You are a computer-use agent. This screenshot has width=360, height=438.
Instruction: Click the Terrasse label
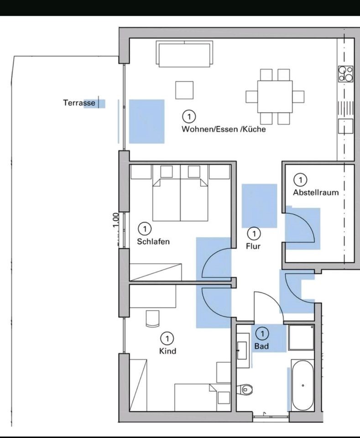point(79,103)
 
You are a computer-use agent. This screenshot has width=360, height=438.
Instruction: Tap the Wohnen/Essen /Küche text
point(224,129)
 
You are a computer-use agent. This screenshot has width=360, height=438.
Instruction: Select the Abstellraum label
point(316,193)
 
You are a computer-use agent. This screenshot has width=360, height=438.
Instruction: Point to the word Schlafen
point(153,241)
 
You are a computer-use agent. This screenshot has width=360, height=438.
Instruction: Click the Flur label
point(253,246)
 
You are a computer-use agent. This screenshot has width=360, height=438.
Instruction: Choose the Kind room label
point(167,351)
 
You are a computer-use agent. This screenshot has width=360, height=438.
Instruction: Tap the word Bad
point(262,346)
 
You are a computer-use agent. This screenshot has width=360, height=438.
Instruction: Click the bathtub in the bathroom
point(303,385)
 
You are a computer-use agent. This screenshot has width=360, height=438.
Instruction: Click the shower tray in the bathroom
point(301,338)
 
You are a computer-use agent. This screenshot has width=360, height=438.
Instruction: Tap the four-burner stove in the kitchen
point(346,73)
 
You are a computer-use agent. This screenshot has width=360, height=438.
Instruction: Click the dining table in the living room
point(275,97)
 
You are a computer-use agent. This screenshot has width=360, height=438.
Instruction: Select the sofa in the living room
point(184,54)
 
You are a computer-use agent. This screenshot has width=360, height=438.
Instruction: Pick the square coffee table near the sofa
point(184,90)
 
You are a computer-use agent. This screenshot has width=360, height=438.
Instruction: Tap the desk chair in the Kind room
point(152,318)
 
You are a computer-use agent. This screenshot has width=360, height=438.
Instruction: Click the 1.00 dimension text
point(116,220)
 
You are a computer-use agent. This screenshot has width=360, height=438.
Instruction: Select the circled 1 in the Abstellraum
point(301,180)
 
